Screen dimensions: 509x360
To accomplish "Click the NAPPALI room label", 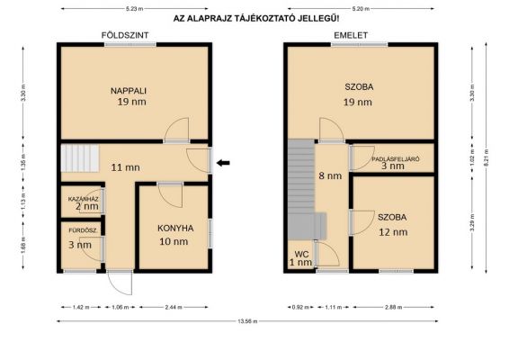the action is [x=129, y=91].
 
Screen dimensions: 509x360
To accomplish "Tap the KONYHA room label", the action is [x=175, y=229].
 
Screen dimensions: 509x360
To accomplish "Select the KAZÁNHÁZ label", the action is [x=83, y=199].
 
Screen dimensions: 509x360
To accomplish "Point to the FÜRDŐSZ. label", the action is [x=83, y=230].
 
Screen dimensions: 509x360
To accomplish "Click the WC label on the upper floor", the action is [x=301, y=254].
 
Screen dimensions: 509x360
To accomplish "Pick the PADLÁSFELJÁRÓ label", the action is [x=396, y=159].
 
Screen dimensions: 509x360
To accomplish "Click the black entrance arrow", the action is [x=223, y=163].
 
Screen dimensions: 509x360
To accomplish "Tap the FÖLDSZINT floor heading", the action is [x=125, y=35].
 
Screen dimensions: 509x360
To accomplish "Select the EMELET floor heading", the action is [x=351, y=35].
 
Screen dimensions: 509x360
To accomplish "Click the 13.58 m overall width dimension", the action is [x=247, y=321].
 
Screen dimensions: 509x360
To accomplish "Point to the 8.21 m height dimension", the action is [x=486, y=157].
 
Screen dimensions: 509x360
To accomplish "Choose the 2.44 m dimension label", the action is [x=174, y=307].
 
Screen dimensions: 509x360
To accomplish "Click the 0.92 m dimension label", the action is [x=300, y=307].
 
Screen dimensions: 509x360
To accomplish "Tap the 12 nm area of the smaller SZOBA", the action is [x=393, y=232].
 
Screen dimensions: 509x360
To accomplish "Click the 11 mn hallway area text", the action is [x=126, y=167].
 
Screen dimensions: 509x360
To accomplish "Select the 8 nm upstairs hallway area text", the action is [x=330, y=175].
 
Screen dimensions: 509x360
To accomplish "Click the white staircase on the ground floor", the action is [x=80, y=158].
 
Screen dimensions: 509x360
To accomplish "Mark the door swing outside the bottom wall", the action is [x=120, y=283].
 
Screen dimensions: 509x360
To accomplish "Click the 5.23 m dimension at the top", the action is [x=134, y=9].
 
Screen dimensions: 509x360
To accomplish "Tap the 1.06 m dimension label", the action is [x=121, y=307].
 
